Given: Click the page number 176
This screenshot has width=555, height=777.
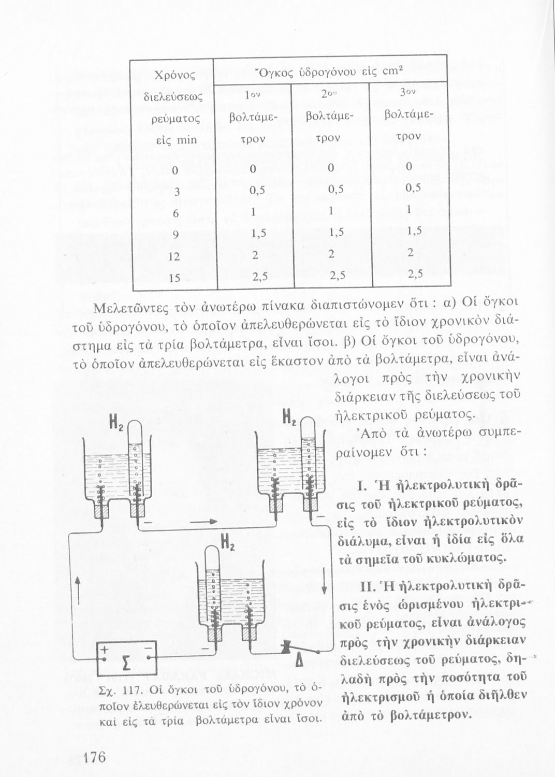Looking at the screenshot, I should tap(94, 758).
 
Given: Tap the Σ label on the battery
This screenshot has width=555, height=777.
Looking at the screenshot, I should tap(125, 661).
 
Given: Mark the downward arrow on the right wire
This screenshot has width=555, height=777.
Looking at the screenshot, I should tap(324, 585).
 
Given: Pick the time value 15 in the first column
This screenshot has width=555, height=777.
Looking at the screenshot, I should tap(174, 278).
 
